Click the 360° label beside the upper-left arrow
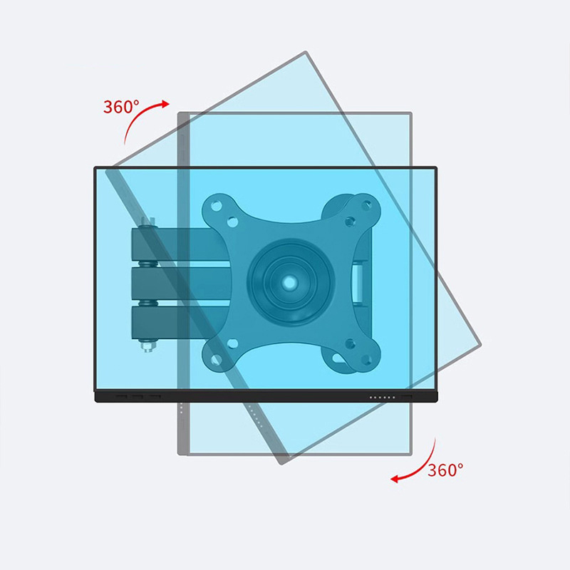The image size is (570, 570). coord(121,106)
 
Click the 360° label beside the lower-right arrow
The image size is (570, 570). coord(445,470)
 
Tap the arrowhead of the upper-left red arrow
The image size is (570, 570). coord(165,104)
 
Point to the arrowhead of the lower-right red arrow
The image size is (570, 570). coord(395,479)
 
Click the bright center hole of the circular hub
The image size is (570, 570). coord(290,281)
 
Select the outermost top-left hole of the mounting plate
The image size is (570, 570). coord(217,206)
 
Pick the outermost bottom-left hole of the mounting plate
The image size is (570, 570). coord(217,359)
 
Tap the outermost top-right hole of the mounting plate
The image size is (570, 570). coord(366,206)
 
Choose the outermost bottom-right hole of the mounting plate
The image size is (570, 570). coord(366,360)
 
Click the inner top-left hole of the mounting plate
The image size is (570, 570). coord(232,222)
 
